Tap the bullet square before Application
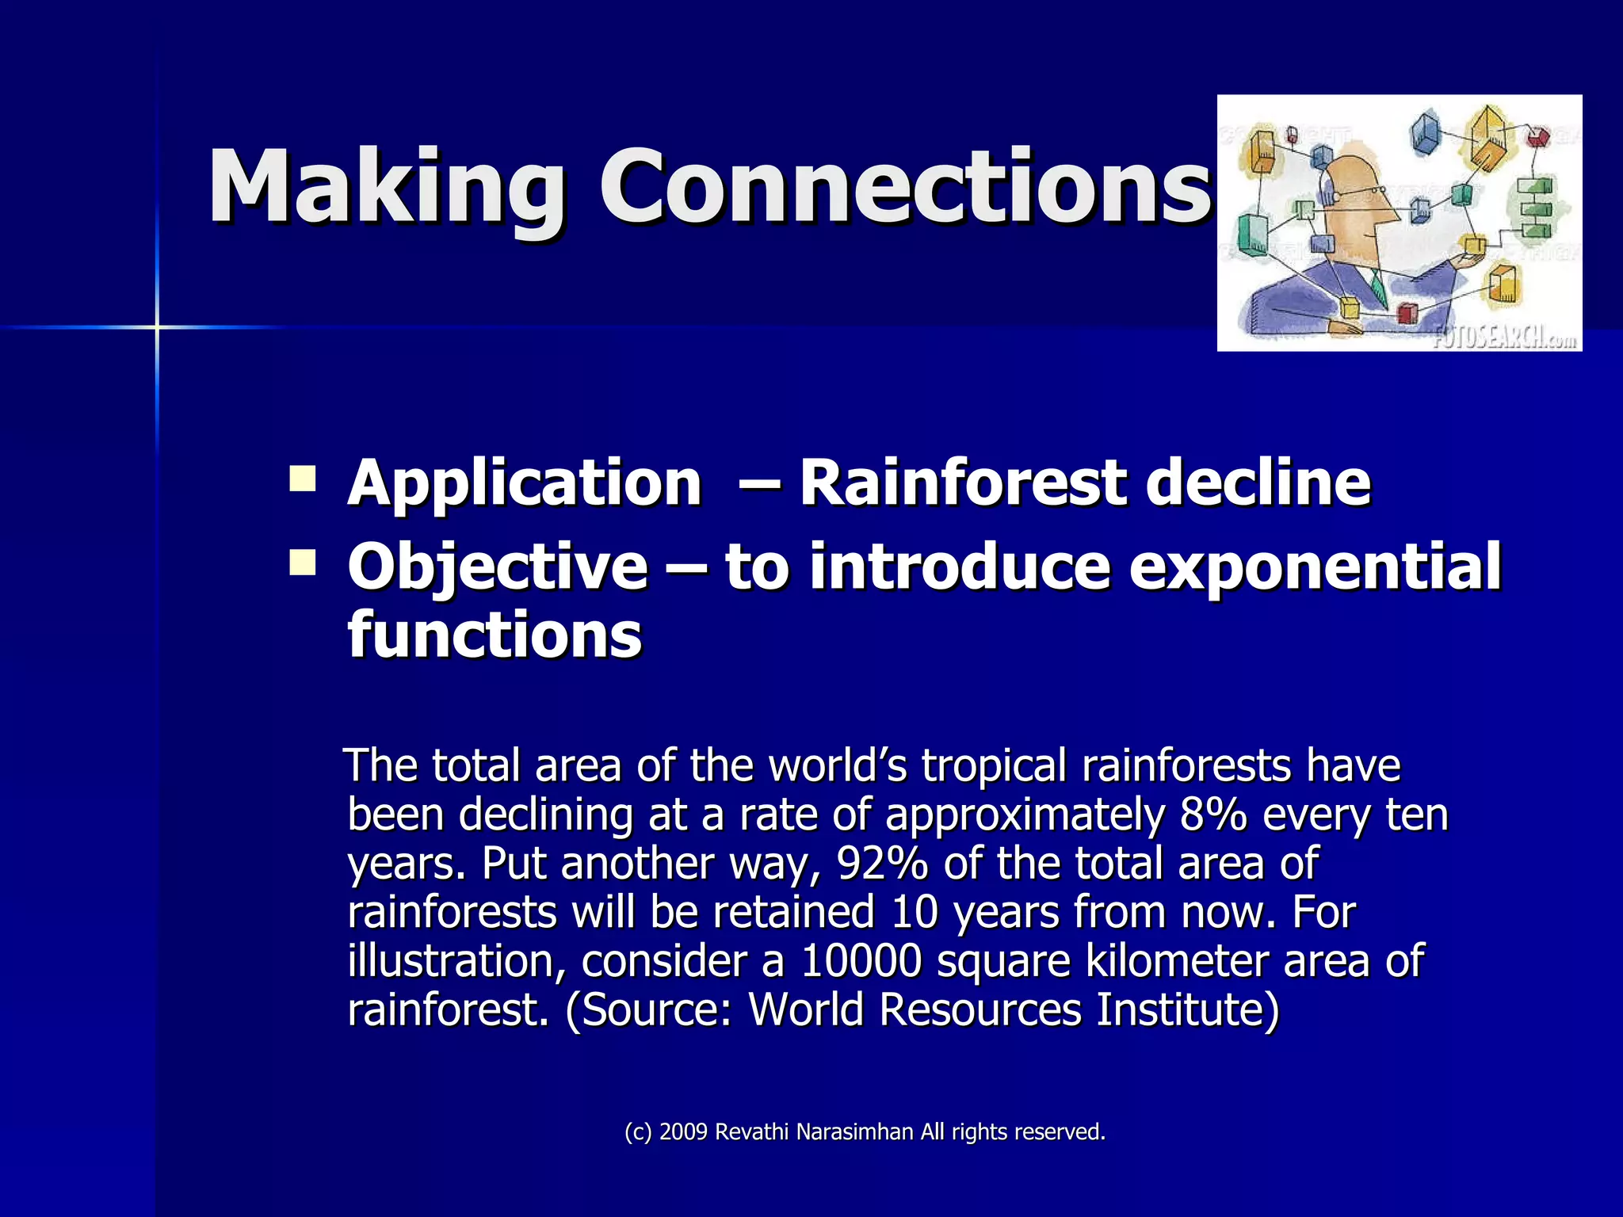click(x=302, y=479)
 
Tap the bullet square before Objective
click(x=302, y=563)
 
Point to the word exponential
click(x=1315, y=567)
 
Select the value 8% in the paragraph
click(x=1212, y=815)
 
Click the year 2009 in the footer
click(x=682, y=1132)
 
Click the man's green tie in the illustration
click(x=1379, y=290)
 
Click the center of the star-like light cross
click(x=157, y=326)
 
